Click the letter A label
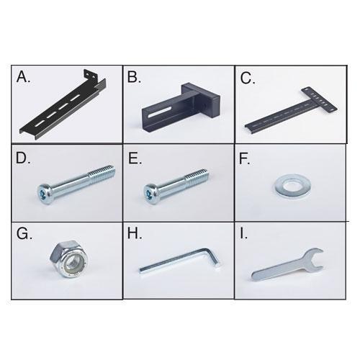23,77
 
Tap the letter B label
134,77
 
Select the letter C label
248,78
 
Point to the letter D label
23,158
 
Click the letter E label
135,158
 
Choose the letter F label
245,159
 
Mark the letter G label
24,233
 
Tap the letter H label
135,233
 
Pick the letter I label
243,233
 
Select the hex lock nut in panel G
69,258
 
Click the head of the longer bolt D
45,194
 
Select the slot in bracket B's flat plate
160,112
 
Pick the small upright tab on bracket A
90,76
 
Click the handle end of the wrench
259,275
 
